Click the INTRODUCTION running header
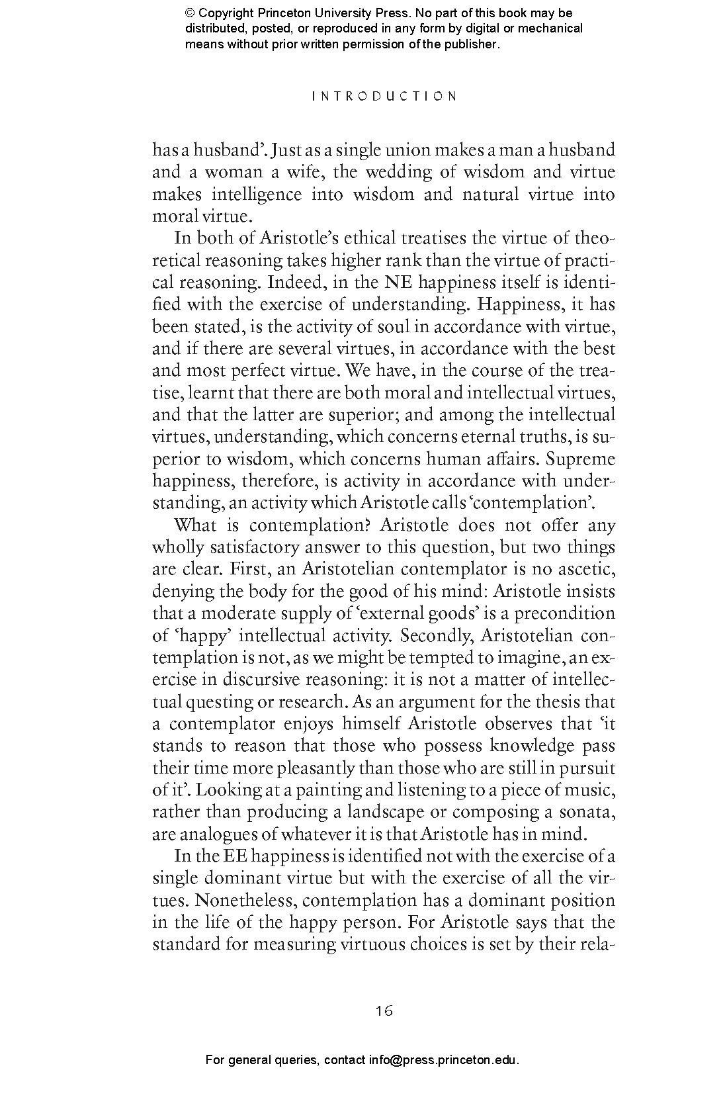(x=384, y=96)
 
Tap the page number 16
(x=384, y=1010)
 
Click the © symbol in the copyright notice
(x=190, y=13)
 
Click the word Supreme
(x=581, y=459)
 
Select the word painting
(x=327, y=790)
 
